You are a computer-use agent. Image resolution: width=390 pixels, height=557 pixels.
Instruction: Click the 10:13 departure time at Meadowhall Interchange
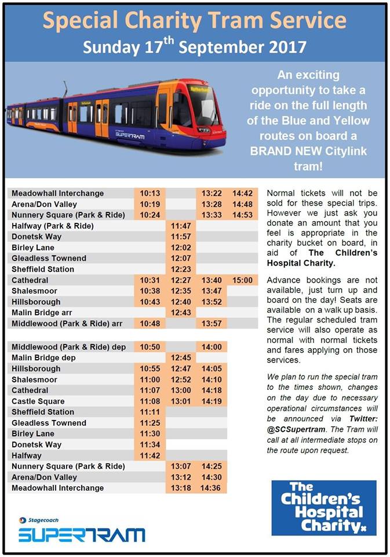click(x=150, y=193)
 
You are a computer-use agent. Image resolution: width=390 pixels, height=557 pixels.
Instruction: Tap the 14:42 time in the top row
click(x=242, y=193)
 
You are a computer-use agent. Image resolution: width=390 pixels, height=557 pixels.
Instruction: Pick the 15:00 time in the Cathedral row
click(x=242, y=280)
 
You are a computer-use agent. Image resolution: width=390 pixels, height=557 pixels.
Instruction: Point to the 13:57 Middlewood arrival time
click(x=212, y=324)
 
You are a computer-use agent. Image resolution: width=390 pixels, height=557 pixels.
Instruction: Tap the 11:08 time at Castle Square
click(x=150, y=402)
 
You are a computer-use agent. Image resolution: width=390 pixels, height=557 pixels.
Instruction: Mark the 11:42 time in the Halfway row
click(x=150, y=456)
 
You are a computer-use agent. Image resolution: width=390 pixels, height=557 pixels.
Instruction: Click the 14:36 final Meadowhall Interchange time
click(x=212, y=489)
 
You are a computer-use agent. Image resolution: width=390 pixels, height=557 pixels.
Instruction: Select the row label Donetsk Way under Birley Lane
click(x=37, y=445)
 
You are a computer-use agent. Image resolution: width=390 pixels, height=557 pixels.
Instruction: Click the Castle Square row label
click(x=38, y=402)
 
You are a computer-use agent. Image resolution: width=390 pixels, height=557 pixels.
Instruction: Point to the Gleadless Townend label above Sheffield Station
click(x=49, y=258)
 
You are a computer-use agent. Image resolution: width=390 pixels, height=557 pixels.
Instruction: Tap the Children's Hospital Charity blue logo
click(x=323, y=508)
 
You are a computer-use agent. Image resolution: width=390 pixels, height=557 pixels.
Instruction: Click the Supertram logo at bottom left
click(x=81, y=534)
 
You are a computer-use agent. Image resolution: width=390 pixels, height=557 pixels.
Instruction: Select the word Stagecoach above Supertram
click(x=43, y=520)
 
